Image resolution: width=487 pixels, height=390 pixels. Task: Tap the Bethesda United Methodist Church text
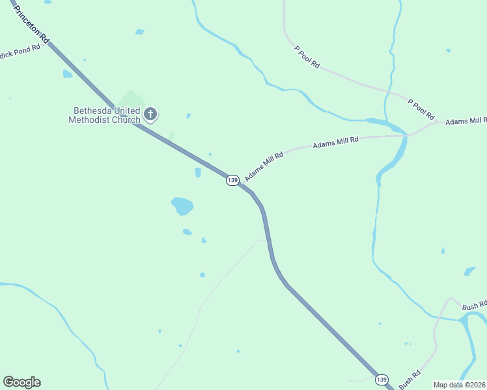pos(104,115)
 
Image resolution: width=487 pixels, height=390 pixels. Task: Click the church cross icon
pos(150,115)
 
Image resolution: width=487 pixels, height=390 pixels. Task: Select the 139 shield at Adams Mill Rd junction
pos(232,179)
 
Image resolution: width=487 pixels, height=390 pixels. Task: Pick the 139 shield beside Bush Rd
pos(382,379)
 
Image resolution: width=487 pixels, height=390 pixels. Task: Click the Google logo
pos(21,382)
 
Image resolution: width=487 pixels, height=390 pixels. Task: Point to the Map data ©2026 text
pos(460,385)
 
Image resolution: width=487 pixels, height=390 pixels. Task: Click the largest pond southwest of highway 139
pos(182,206)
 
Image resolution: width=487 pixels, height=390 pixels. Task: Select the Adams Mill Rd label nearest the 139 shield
pos(264,167)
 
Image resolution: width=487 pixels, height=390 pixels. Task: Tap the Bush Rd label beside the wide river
pos(474,305)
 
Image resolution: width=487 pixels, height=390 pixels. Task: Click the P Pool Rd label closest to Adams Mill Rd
pos(421,109)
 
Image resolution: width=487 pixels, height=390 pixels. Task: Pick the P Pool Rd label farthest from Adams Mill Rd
pos(307,57)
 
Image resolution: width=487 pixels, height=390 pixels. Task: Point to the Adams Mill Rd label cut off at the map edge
pos(466,122)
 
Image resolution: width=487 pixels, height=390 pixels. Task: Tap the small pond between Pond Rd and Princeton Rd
pos(67,74)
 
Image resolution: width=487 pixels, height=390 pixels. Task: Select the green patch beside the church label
pos(132,99)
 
